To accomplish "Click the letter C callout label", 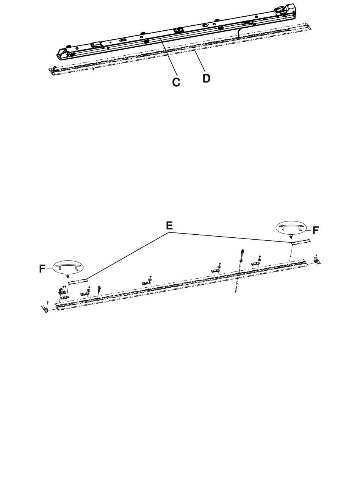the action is point(176,82).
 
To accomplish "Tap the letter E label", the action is point(169,226).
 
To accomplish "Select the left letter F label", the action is point(42,268).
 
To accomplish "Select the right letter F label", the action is point(315,229).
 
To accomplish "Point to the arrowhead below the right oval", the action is point(291,238).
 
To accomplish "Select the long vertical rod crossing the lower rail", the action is point(239,271).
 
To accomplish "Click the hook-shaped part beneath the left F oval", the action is point(59,291).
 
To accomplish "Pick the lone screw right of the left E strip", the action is point(99,290).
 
